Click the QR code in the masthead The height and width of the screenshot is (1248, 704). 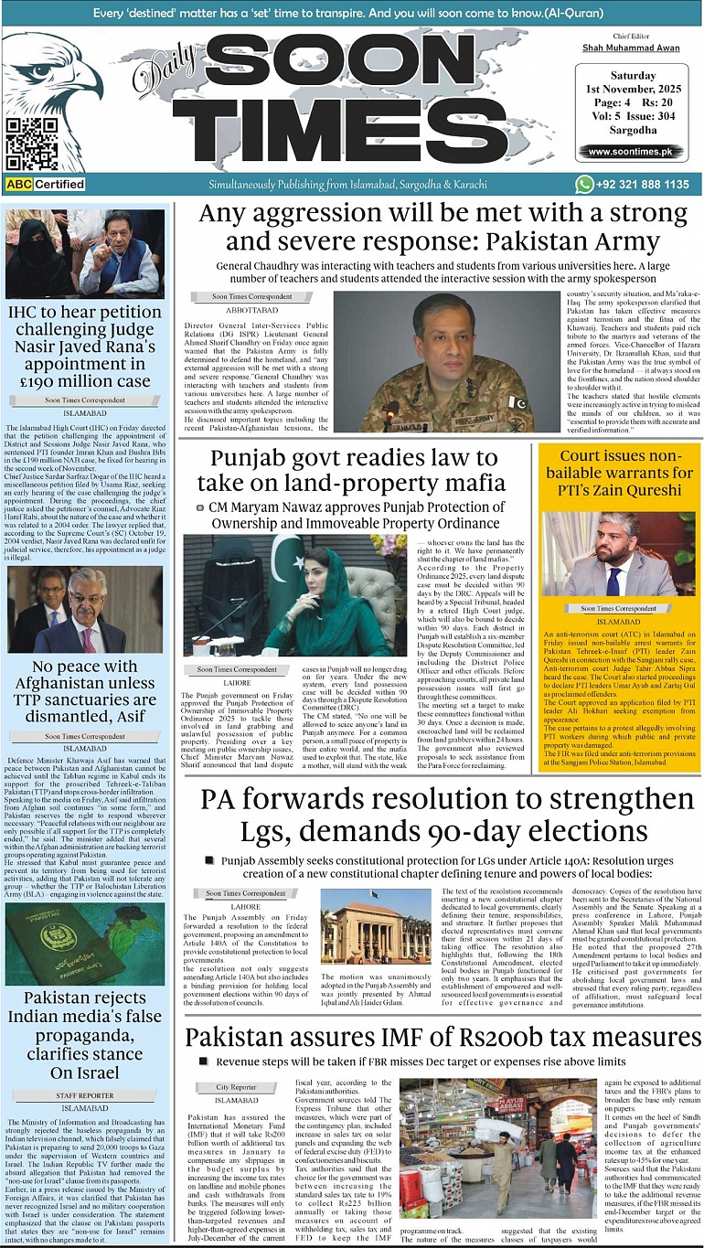click(32, 144)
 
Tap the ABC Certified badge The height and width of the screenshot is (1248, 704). click(46, 184)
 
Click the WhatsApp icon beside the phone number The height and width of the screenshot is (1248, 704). click(584, 184)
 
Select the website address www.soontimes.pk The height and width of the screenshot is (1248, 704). click(630, 152)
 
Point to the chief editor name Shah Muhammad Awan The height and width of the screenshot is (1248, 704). click(630, 47)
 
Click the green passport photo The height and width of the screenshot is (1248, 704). click(85, 943)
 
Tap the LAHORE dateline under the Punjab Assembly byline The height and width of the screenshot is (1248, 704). click(245, 907)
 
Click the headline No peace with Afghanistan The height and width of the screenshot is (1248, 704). click(85, 690)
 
